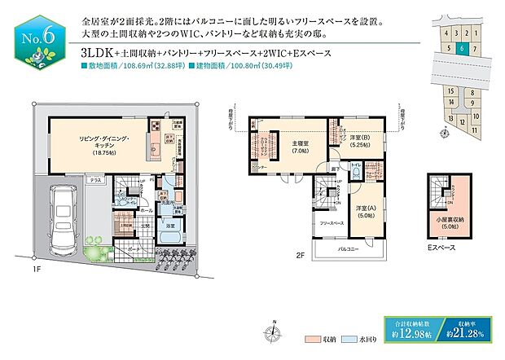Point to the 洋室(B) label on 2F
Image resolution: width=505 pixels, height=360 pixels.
click(x=355, y=139)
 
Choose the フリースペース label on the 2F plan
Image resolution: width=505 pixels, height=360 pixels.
click(x=330, y=222)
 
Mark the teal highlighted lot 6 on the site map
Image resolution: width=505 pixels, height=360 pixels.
click(x=462, y=48)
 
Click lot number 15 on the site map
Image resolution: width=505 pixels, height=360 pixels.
click(x=450, y=92)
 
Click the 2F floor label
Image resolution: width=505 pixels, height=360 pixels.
click(x=301, y=256)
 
